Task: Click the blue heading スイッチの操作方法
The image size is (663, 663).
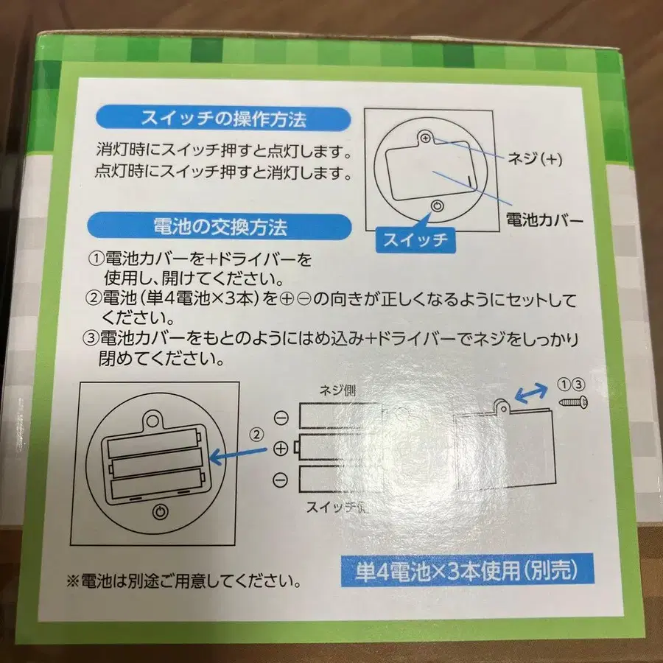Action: (x=223, y=118)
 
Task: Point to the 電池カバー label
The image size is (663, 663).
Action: (x=544, y=219)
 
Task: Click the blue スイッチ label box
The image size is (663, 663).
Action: (x=414, y=239)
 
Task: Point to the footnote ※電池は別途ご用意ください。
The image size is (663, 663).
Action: (x=184, y=581)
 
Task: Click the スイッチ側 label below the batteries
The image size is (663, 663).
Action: (x=340, y=508)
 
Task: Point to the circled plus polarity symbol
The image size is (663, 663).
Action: (x=280, y=448)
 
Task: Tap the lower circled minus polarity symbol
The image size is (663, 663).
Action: (x=281, y=480)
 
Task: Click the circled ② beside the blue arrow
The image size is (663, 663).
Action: (x=256, y=434)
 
